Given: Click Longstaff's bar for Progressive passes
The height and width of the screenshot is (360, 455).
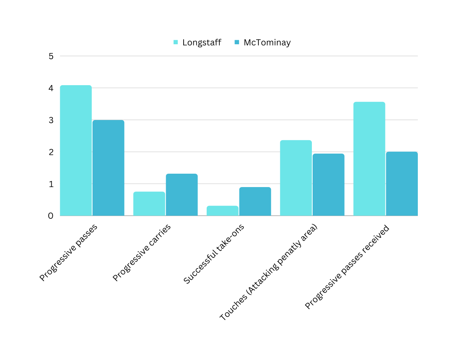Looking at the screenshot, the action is (x=76, y=150).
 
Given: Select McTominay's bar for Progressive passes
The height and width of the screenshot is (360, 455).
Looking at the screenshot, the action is (x=108, y=168).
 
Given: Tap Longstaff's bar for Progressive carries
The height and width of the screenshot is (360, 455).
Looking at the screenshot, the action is (x=149, y=204).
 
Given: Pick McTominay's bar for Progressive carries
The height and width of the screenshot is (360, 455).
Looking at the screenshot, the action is (x=182, y=195).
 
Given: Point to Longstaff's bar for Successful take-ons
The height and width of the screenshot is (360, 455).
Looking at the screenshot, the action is (x=222, y=210).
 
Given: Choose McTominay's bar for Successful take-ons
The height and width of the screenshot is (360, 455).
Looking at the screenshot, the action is (x=255, y=201).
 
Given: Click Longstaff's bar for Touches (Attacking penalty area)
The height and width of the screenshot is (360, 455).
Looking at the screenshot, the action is (x=296, y=178).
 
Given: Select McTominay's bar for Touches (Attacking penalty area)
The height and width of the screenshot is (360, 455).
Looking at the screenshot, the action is (x=328, y=185).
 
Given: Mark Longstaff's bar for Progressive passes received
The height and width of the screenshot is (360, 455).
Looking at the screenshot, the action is (x=369, y=159).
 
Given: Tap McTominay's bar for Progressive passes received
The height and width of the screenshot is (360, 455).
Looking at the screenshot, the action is (x=402, y=184).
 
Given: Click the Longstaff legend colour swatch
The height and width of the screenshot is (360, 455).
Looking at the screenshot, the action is (x=175, y=42).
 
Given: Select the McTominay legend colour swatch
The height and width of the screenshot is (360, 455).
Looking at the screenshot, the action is (x=237, y=42).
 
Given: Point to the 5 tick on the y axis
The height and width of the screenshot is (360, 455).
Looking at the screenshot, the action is (x=51, y=56).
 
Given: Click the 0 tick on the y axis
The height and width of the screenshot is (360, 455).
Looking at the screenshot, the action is (x=51, y=216).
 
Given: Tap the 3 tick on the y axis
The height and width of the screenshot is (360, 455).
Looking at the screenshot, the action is (x=51, y=120).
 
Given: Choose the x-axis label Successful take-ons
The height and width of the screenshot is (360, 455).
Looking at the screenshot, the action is (x=214, y=254).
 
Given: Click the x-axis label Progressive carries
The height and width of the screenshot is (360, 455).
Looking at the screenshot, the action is (x=142, y=253).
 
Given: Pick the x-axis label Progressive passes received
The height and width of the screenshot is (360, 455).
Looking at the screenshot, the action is (x=347, y=267).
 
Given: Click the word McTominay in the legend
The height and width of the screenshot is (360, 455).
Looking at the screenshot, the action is (x=267, y=42).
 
